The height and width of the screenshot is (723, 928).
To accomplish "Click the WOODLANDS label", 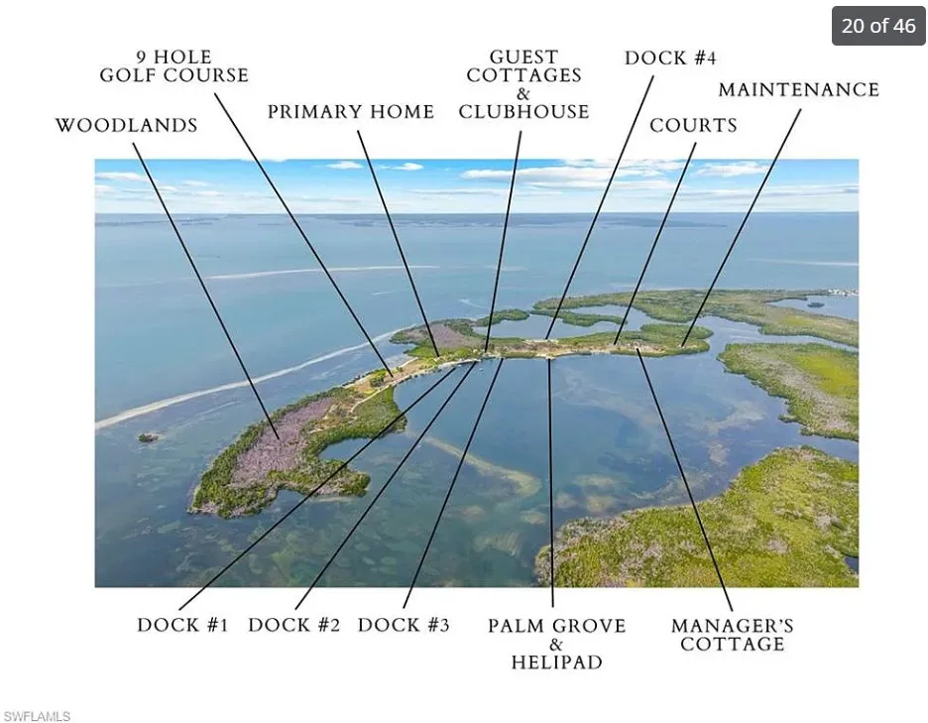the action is coord(126,126).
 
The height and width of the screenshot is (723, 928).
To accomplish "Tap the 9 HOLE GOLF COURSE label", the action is coord(174,66).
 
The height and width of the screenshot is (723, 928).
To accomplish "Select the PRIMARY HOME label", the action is coord(351,112).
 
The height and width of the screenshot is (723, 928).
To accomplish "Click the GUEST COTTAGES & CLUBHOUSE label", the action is coord(523,84).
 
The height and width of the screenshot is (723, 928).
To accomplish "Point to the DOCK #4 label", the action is coord(670,59).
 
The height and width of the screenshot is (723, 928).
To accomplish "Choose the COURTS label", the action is coord(693,126).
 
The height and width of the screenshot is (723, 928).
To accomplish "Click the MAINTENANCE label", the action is coord(798,89).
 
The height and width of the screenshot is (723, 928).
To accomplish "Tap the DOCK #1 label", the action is coord(182,625).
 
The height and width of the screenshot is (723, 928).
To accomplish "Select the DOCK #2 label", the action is coord(293,625).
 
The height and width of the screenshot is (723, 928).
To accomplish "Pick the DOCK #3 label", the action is coord(404,625).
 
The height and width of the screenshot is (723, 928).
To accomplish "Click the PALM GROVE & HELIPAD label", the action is coord(556,644).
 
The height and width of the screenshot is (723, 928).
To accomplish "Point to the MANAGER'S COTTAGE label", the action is coord(732,635).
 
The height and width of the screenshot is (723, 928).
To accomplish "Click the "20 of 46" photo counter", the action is coord(878,26).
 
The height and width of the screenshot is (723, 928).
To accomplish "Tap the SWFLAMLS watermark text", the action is coord(37,716).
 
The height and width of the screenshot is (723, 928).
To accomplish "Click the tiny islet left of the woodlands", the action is coord(148,437).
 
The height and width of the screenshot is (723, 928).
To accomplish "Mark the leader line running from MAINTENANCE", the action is coord(741,227).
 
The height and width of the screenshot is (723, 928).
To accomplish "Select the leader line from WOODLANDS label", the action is coord(206,291).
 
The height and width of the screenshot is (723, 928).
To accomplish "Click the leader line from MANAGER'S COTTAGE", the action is coord(685,480).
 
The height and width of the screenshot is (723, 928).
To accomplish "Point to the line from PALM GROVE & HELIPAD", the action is coord(551,482).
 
